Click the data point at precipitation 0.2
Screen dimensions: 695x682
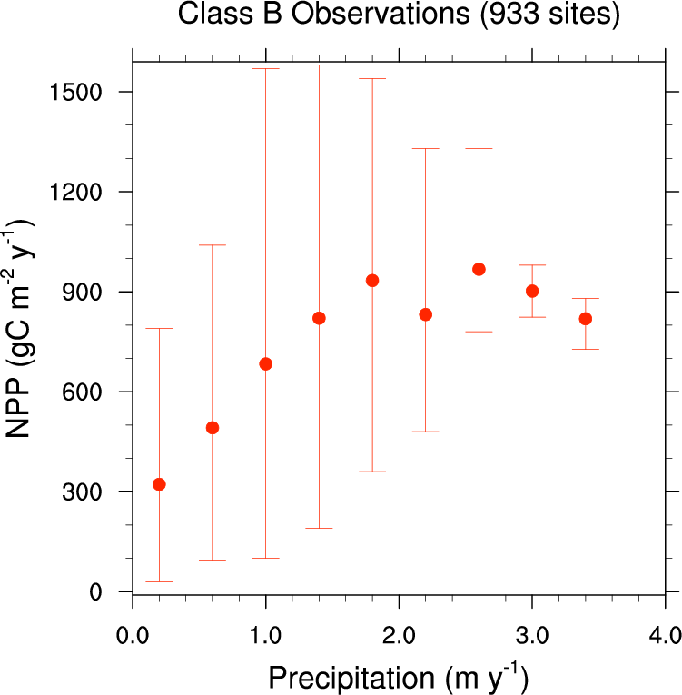159,484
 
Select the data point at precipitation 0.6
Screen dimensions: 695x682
213,428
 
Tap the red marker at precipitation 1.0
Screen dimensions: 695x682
266,363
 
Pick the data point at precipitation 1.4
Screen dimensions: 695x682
319,318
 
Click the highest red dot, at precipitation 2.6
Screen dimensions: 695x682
479,269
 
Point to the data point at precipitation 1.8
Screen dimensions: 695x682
372,280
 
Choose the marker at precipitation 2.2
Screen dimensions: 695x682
425,314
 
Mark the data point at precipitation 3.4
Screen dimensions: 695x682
586,319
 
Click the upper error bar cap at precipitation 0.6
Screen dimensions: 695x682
213,245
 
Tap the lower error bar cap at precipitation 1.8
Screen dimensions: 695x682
372,472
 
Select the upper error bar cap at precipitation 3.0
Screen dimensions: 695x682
532,265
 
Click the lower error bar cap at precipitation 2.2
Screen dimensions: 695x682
425,432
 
